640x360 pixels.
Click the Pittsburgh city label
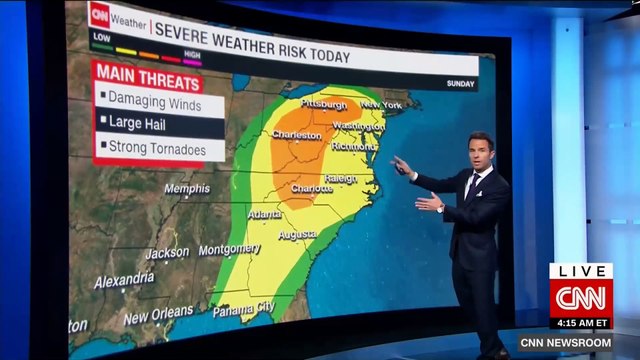(321, 104)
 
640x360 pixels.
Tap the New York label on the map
(380, 104)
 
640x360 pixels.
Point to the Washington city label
(358, 126)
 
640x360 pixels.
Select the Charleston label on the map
(296, 134)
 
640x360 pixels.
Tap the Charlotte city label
(311, 188)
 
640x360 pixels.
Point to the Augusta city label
(297, 234)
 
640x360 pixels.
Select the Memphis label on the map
(187, 189)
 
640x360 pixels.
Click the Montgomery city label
(229, 249)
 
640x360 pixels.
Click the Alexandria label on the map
(124, 281)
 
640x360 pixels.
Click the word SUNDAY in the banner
(460, 83)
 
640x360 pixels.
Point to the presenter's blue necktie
(471, 186)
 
